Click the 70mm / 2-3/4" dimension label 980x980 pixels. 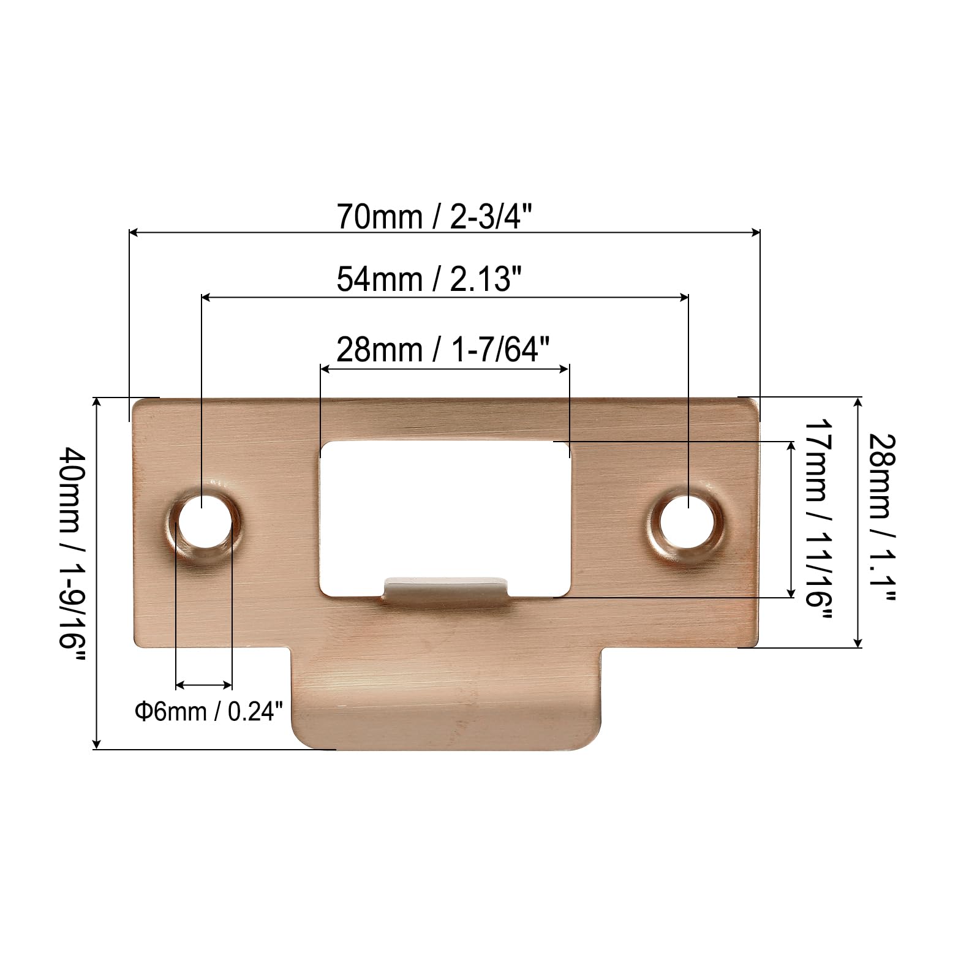pyautogui.click(x=434, y=217)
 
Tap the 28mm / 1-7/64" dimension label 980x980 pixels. pyautogui.click(x=443, y=350)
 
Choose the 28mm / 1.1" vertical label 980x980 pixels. pyautogui.click(x=883, y=518)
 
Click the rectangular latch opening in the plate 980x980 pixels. pyautogui.click(x=445, y=518)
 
